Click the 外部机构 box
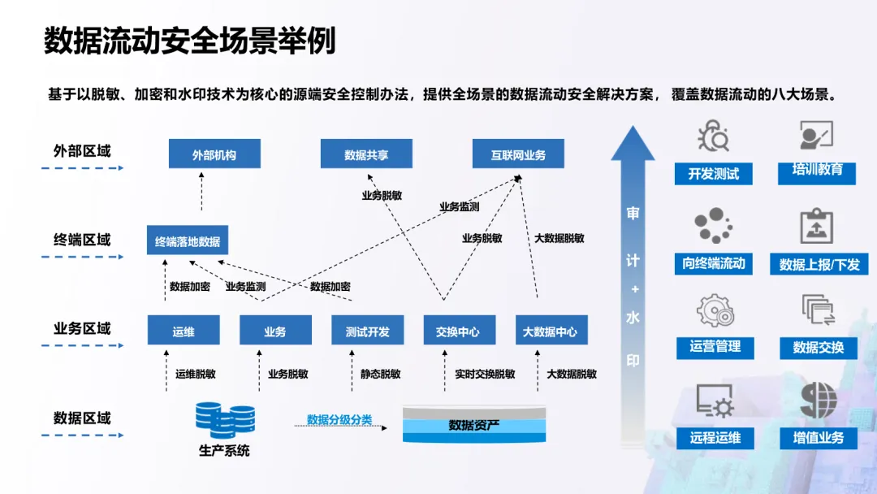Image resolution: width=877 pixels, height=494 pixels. pos(214,154)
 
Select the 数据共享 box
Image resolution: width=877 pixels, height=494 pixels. pos(366,154)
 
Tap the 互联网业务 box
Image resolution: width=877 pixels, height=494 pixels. pos(518,154)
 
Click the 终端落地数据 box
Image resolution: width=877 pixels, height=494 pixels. pos(188,240)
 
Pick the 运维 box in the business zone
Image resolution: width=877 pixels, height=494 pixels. pos(184,331)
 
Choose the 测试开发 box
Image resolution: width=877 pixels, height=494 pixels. pos(368,331)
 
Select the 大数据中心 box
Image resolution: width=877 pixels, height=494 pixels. pos(551,331)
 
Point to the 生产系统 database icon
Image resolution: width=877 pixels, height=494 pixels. pos(225,419)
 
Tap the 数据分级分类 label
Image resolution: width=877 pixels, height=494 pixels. pos(339,419)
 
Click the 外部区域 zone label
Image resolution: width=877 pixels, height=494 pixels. pos(82,151)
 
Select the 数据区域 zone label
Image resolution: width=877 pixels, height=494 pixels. pos(82,418)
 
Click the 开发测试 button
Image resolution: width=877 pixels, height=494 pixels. pos(714,173)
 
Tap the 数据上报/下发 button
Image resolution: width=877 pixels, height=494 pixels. pos(819,264)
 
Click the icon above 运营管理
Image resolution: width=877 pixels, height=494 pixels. pos(715,311)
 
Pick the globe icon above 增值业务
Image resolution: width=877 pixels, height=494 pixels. pos(818,400)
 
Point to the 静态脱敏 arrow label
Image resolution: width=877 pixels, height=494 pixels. pos(381,374)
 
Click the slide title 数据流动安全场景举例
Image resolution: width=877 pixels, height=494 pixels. pos(189,41)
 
